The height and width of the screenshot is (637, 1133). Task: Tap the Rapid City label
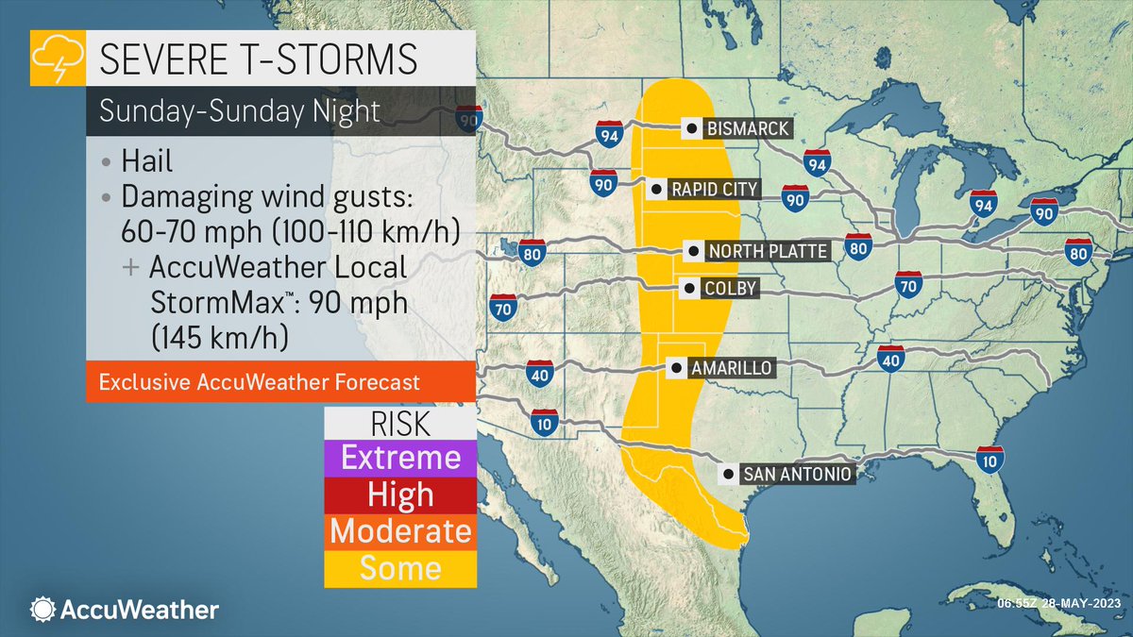tap(713, 190)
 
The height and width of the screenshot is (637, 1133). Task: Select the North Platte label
tap(767, 251)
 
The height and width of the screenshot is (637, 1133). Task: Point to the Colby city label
tap(731, 289)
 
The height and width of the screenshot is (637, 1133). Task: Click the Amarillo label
tap(731, 367)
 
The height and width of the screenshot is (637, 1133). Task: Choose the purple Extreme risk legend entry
tap(400, 459)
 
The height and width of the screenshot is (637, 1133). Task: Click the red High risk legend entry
tap(400, 495)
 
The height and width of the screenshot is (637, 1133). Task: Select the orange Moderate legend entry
tap(400, 531)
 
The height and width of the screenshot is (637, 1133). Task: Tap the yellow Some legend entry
tap(400, 568)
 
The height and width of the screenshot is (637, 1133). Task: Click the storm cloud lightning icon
tap(58, 59)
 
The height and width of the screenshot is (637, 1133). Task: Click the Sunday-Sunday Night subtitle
tap(240, 111)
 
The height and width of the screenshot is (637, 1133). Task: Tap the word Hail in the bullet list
tap(146, 161)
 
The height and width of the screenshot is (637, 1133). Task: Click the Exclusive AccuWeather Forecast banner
tap(259, 383)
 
